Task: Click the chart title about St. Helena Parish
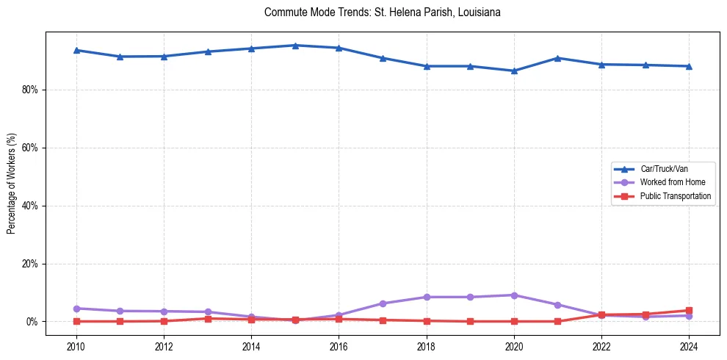[382, 12]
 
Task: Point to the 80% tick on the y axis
[32, 90]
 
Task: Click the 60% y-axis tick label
[32, 148]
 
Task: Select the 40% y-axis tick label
[32, 206]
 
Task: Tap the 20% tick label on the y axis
[32, 264]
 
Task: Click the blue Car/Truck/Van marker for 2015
[295, 46]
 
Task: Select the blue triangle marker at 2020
[514, 71]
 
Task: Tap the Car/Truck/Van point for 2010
[76, 50]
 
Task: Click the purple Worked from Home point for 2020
[514, 295]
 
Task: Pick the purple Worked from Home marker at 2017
[383, 303]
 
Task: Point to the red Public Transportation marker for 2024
[689, 310]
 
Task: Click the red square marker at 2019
[470, 321]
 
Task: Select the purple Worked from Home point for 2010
[76, 309]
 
